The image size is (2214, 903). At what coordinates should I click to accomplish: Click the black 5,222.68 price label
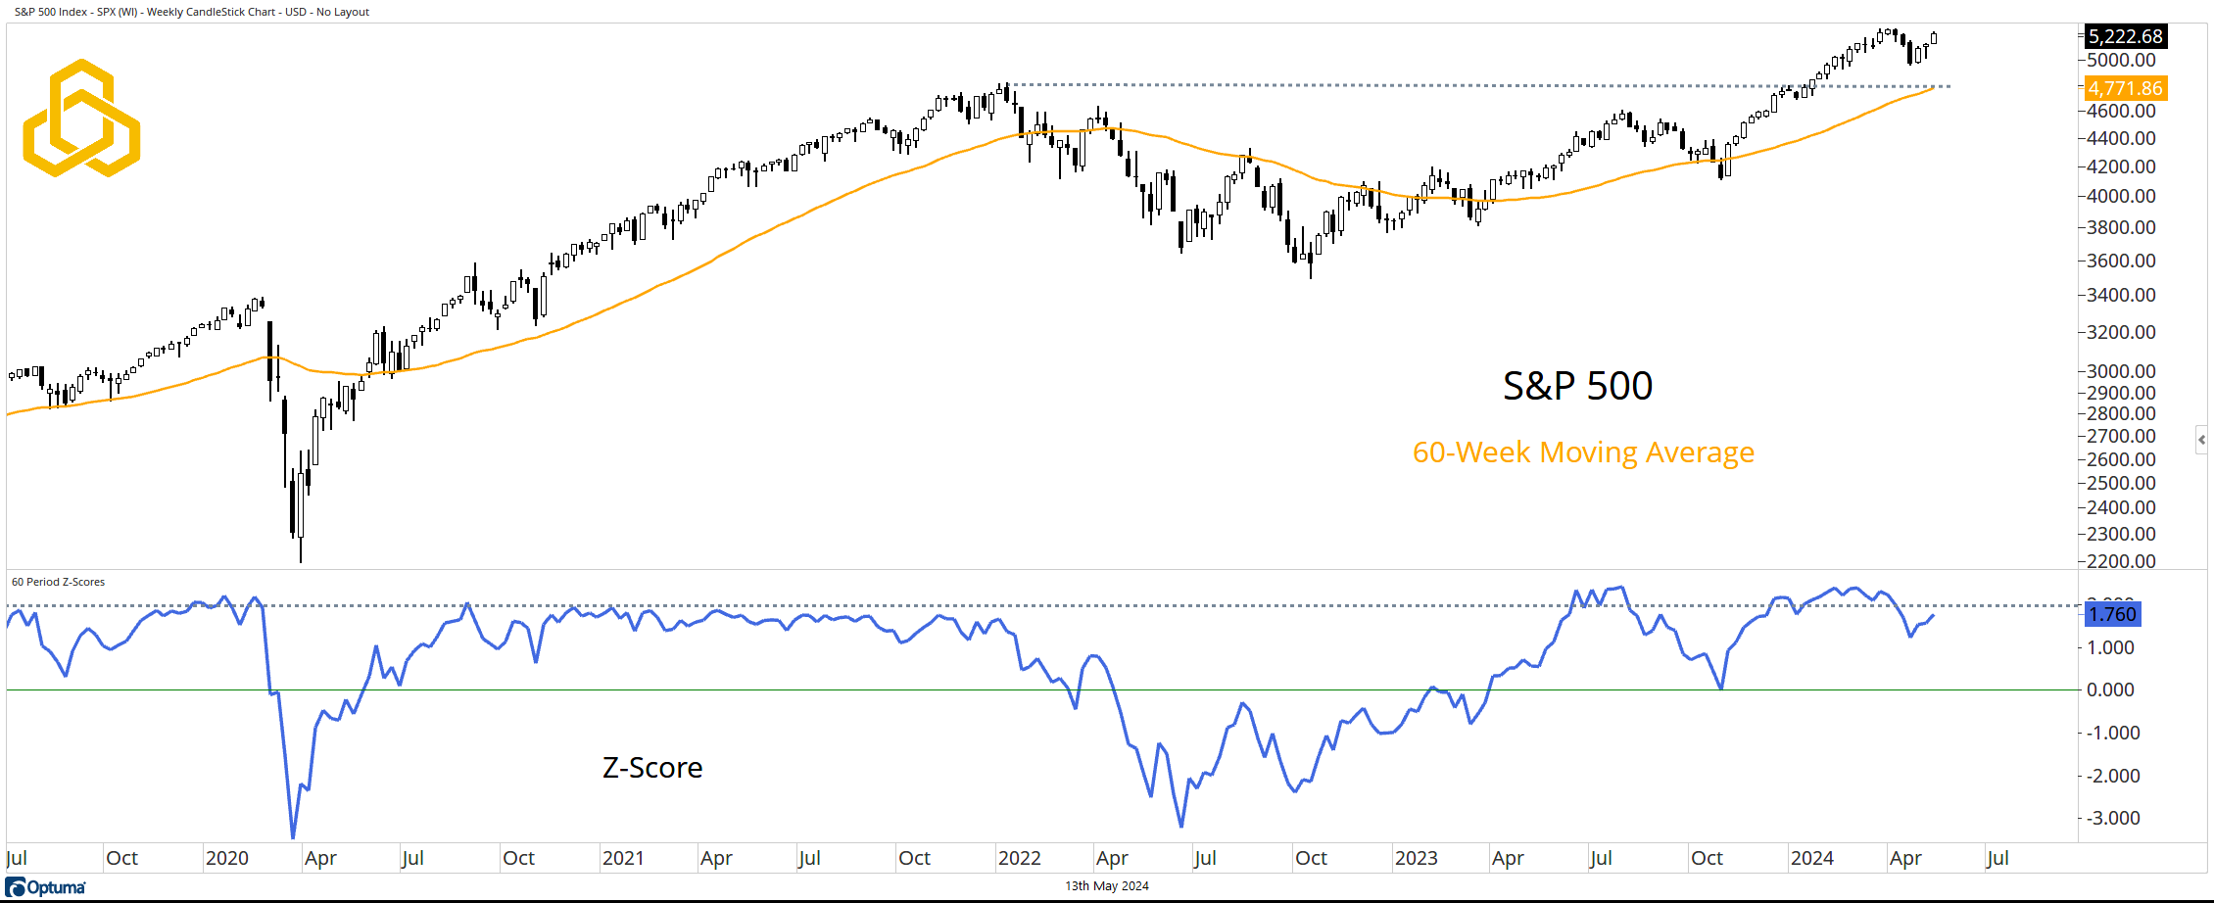2124,36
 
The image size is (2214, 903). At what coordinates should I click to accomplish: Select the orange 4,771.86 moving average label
2124,88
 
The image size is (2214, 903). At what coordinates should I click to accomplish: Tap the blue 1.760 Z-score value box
2112,614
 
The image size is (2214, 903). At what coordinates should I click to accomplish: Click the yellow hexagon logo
81,119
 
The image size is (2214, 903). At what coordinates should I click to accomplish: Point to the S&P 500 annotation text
1577,386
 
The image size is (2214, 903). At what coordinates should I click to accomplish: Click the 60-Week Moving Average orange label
1583,452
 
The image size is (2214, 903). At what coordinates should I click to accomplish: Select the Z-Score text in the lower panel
652,768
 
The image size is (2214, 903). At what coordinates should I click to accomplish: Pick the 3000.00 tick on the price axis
2121,371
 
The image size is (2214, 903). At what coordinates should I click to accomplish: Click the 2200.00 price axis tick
2121,561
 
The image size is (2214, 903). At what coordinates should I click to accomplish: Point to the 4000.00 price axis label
2121,196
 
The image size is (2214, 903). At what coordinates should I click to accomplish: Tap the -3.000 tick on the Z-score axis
2113,818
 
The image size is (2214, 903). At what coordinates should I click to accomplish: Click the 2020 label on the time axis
227,858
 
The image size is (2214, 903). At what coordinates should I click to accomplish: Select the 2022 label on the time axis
1019,858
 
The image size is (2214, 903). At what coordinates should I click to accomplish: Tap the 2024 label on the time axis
1811,858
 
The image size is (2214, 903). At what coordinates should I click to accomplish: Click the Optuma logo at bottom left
46,887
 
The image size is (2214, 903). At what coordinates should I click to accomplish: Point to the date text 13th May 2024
1107,886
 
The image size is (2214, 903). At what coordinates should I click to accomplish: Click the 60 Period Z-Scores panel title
58,582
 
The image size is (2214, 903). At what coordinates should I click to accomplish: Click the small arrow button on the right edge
2201,440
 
